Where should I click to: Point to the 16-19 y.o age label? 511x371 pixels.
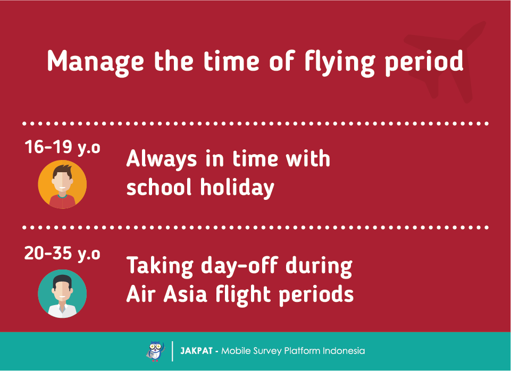(x=62, y=147)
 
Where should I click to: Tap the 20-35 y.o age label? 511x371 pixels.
(x=62, y=254)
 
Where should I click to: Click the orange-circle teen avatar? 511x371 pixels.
(x=62, y=184)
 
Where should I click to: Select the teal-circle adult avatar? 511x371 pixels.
(x=62, y=293)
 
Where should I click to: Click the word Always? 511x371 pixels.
(x=162, y=159)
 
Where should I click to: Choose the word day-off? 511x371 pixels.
(x=239, y=266)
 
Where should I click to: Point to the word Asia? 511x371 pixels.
(x=185, y=294)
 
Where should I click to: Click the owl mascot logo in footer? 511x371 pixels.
(x=155, y=351)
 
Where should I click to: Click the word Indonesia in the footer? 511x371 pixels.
(x=344, y=351)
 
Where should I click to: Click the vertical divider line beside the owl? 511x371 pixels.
(x=172, y=351)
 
